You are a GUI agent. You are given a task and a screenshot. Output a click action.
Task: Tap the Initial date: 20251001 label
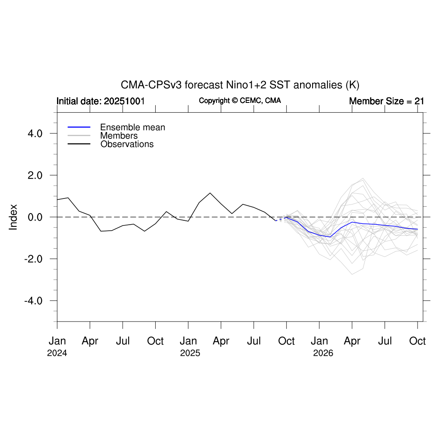100,101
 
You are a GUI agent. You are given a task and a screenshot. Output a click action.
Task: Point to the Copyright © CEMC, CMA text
240,100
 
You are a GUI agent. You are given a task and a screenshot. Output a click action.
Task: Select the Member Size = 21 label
386,101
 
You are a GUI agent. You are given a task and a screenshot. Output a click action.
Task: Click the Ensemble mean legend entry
132,127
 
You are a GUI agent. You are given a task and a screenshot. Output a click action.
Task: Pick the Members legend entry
119,136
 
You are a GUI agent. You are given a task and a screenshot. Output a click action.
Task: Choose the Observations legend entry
127,144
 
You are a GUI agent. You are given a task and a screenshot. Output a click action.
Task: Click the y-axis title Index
13,217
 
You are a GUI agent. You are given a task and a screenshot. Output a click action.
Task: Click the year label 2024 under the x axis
57,354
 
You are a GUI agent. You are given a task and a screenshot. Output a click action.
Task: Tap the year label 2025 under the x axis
190,354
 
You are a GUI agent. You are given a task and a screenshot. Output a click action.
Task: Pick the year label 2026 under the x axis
323,354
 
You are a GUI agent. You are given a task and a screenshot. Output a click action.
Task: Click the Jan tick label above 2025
188,341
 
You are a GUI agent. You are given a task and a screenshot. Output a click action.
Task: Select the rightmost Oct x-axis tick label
418,341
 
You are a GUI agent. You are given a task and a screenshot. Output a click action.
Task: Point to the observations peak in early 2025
210,193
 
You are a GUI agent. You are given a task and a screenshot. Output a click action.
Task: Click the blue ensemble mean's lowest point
330,237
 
